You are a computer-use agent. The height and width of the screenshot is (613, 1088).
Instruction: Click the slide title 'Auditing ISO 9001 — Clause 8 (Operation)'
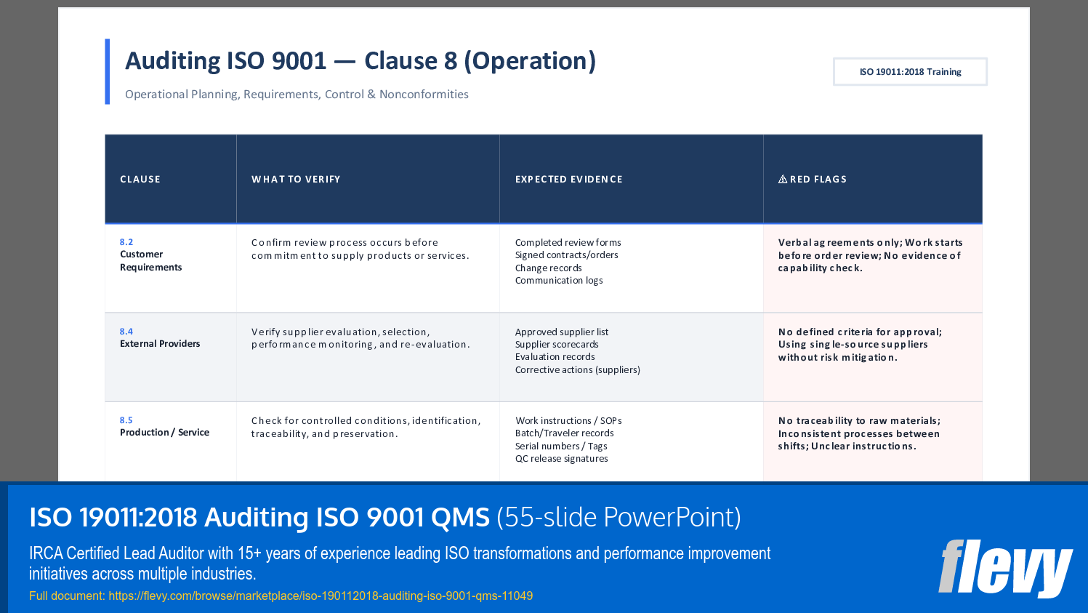360,61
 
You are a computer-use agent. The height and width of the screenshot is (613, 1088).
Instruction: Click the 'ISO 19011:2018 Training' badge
910,72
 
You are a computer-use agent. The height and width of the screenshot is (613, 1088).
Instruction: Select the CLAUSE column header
140,180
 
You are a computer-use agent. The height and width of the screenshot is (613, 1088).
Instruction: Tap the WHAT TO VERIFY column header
296,180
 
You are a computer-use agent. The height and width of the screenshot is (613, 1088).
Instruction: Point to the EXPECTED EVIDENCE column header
568,180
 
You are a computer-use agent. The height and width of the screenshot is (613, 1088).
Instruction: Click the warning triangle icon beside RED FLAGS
783,180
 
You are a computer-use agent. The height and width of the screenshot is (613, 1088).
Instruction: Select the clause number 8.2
126,242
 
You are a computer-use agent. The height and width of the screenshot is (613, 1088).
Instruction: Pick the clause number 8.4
126,332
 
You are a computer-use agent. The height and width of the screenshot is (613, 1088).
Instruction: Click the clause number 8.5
126,420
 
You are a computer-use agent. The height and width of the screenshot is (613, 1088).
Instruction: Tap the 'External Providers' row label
160,344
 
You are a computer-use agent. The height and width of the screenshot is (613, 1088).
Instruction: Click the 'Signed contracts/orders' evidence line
566,255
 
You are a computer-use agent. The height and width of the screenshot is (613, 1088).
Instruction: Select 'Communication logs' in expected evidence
559,281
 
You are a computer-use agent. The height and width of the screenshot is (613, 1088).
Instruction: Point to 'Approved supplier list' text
562,332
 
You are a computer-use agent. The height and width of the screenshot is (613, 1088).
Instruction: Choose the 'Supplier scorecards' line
557,345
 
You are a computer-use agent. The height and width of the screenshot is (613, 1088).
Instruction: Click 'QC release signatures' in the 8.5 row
561,459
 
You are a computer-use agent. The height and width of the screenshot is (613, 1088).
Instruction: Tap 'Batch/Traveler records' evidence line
564,433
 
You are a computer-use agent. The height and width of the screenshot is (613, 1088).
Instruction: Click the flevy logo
1004,568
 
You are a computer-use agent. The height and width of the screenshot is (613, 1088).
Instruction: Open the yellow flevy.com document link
320,596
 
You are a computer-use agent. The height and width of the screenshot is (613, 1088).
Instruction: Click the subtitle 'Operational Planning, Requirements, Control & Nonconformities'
297,95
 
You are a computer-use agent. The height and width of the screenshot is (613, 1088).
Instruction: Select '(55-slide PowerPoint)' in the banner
618,518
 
